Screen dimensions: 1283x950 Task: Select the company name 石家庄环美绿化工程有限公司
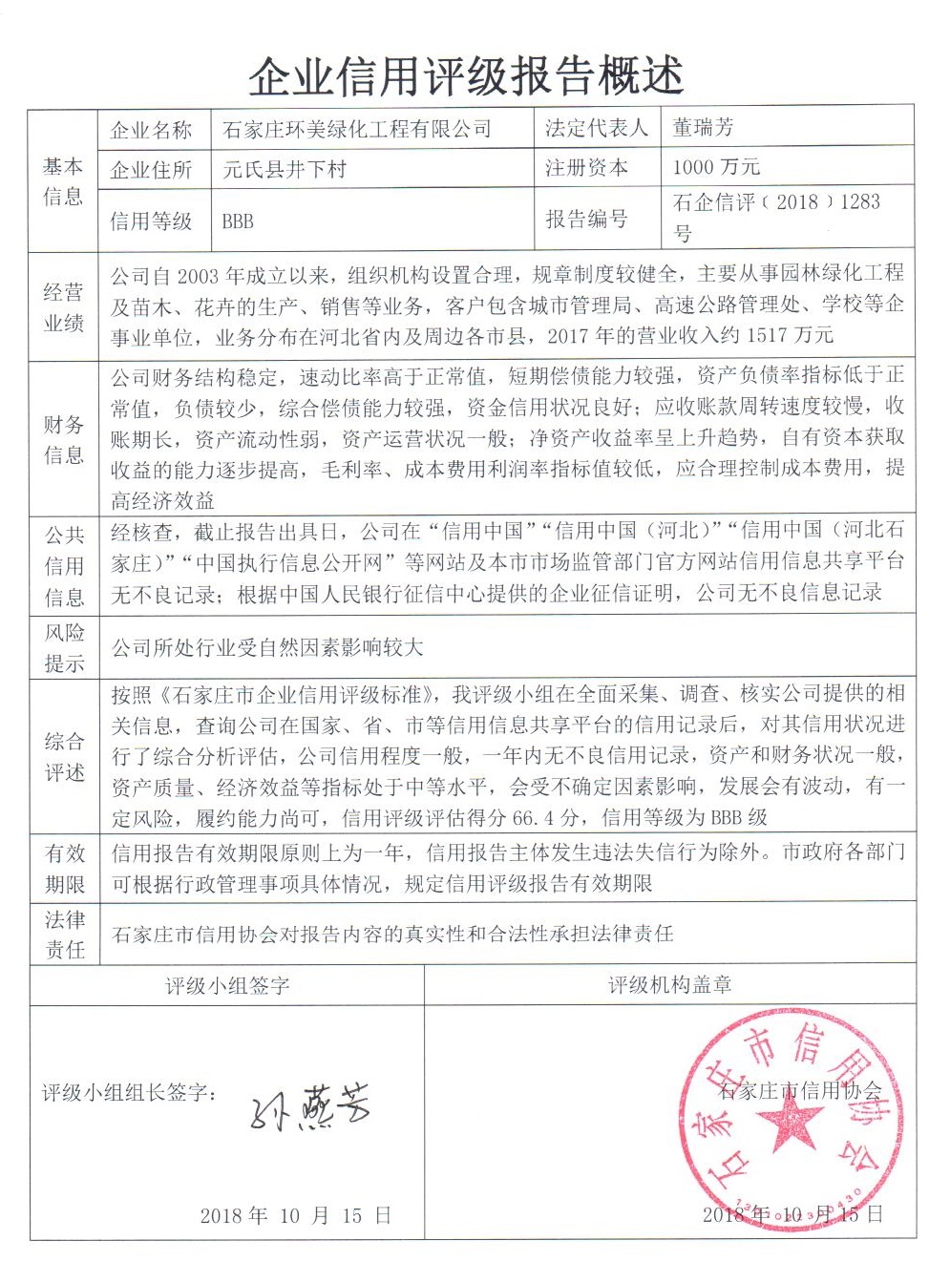357,129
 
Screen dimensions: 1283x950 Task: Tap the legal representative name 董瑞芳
703,127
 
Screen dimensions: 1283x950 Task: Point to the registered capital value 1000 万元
716,167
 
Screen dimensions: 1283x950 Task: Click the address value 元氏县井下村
284,170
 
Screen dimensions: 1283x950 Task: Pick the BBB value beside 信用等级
238,221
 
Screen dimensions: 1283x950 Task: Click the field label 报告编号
586,219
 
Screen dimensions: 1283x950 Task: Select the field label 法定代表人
596,128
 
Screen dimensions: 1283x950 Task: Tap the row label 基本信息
63,181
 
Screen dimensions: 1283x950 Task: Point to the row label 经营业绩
63,307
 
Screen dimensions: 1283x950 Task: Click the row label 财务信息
63,439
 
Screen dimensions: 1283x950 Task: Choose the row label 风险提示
64,647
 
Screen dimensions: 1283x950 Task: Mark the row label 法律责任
64,934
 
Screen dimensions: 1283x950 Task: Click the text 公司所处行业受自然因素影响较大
267,648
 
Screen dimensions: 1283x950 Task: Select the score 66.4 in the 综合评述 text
535,818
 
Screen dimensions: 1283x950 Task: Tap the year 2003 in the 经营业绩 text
198,276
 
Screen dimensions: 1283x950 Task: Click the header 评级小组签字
226,986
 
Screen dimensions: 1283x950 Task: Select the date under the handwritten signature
295,1215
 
